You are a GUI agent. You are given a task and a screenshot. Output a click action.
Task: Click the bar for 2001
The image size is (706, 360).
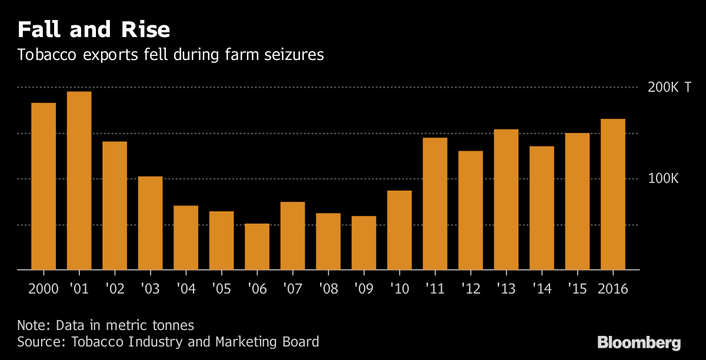[79, 181]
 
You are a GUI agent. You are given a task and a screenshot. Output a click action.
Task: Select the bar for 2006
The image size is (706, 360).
[257, 246]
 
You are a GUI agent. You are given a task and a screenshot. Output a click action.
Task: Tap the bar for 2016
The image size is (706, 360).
[613, 194]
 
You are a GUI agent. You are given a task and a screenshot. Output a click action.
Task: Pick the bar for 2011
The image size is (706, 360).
[435, 204]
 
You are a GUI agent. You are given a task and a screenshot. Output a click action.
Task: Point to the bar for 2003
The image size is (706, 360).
[150, 223]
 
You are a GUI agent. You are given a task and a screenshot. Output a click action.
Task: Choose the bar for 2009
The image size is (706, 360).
[364, 243]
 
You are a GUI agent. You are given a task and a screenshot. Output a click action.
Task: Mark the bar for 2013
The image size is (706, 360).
[506, 199]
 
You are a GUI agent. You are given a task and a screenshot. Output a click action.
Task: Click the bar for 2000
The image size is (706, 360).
[44, 186]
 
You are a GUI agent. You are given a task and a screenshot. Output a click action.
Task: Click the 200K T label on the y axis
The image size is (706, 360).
[670, 88]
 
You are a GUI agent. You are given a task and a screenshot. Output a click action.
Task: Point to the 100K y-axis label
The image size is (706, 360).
[663, 179]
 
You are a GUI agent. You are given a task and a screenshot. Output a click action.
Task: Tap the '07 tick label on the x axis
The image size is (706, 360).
[292, 289]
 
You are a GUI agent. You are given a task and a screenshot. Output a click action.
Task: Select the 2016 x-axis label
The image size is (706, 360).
[612, 289]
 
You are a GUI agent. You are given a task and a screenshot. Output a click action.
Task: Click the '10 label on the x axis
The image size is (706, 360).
[399, 289]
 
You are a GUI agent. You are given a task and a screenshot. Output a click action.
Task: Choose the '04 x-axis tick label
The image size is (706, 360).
[186, 289]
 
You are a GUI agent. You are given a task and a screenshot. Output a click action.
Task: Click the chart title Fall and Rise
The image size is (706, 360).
[94, 29]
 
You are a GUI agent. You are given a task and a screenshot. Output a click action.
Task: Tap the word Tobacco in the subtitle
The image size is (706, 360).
[47, 55]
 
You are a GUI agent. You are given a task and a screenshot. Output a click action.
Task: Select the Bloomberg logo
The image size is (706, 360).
[639, 342]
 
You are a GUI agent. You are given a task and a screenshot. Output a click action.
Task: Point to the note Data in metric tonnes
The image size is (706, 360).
[105, 325]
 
